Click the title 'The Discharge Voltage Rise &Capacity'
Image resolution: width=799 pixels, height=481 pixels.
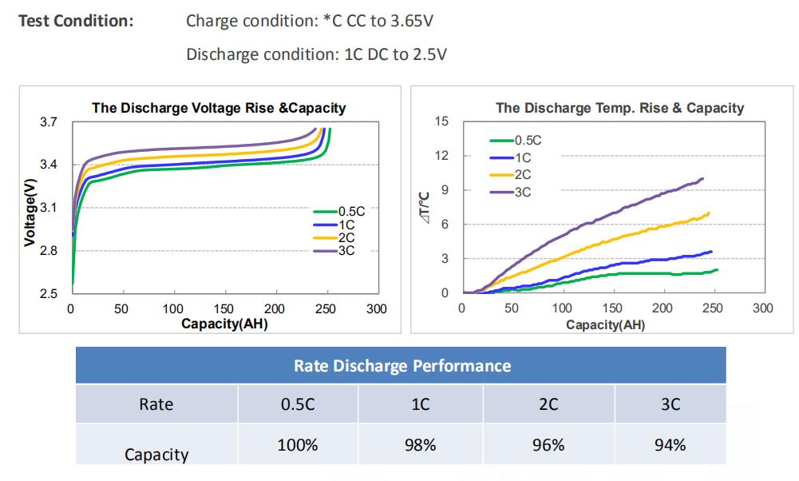(x=219, y=108)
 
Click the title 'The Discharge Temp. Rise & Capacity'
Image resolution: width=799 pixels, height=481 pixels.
(x=619, y=108)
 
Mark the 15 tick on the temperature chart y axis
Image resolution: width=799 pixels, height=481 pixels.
(x=441, y=121)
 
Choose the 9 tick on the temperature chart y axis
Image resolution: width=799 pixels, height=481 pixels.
(x=445, y=190)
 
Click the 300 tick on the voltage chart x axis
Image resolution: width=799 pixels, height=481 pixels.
(x=376, y=309)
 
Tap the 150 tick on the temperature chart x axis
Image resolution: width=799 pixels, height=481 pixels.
(x=612, y=308)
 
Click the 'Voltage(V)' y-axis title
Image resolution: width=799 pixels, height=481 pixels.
(x=30, y=212)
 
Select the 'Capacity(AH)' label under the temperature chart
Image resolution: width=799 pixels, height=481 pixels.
(x=605, y=324)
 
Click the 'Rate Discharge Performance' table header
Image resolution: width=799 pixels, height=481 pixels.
(x=401, y=366)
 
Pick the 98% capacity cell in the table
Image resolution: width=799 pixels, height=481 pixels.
(x=420, y=445)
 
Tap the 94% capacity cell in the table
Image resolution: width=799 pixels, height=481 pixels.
(x=670, y=445)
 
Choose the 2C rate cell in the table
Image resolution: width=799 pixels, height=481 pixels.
(x=548, y=404)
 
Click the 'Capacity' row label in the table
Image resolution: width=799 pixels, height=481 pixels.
(x=156, y=455)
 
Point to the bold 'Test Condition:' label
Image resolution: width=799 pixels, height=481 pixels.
(x=75, y=22)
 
